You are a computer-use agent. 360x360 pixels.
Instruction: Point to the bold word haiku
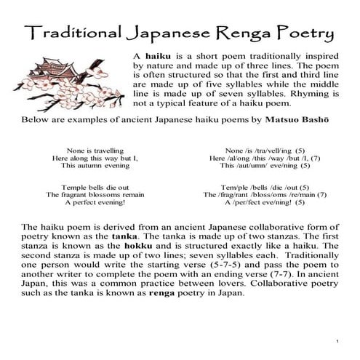[157, 55]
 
